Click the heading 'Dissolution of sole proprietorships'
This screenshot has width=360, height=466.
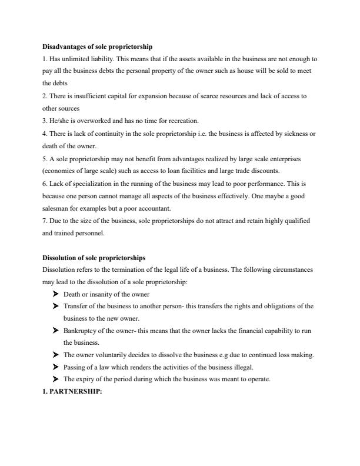point(94,258)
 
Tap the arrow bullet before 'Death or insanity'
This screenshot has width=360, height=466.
point(56,294)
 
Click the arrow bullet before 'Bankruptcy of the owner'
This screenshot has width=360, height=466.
point(56,331)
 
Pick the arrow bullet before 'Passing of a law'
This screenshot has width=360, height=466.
point(56,367)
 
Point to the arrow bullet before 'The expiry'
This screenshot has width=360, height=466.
point(56,380)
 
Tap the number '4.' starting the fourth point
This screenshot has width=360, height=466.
point(45,134)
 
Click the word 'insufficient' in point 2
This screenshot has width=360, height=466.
point(90,96)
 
